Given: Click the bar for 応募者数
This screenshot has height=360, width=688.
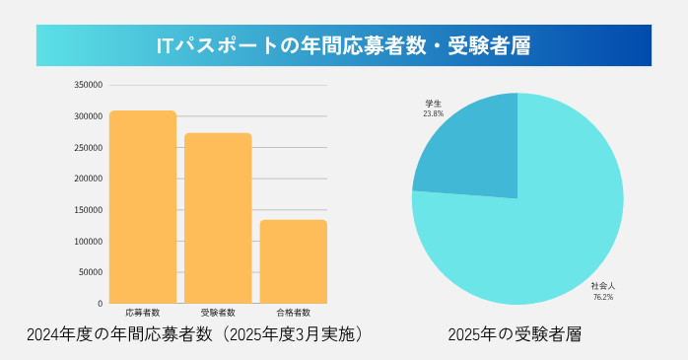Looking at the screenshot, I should click(x=143, y=207).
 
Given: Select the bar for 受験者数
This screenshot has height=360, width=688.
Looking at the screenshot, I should click(x=218, y=218).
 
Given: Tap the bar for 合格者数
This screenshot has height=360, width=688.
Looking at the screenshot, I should click(x=293, y=261).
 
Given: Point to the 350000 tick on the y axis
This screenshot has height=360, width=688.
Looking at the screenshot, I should click(x=89, y=85).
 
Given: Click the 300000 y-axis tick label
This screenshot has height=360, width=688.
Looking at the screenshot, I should click(x=89, y=116).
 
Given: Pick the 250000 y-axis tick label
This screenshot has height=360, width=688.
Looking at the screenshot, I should click(x=89, y=148).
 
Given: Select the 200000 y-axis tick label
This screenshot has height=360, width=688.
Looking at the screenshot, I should click(x=89, y=179).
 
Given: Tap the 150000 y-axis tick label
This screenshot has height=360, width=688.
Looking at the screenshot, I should click(x=89, y=210).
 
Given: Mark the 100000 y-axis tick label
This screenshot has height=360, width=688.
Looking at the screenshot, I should click(x=89, y=242).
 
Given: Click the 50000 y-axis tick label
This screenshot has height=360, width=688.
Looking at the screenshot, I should click(x=91, y=272).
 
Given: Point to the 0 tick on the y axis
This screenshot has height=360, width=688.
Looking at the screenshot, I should click(x=100, y=303).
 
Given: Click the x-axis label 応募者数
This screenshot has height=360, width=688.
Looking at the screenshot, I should click(x=143, y=312).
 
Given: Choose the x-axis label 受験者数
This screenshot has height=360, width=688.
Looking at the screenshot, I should click(x=218, y=312).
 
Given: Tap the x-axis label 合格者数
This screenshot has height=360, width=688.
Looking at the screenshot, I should click(x=293, y=312).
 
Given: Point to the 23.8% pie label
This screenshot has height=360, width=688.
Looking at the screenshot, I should click(x=433, y=113).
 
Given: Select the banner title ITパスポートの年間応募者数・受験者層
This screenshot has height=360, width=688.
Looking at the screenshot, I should click(x=343, y=46).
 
